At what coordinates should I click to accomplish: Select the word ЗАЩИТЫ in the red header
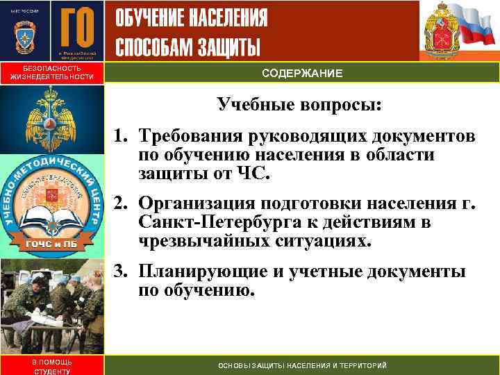click(x=226, y=47)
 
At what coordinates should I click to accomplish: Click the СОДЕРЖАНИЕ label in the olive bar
click(x=301, y=73)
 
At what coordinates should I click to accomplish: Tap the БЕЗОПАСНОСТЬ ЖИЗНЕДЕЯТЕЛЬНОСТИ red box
click(x=51, y=73)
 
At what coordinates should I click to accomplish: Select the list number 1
click(x=119, y=136)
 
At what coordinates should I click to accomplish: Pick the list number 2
click(x=119, y=203)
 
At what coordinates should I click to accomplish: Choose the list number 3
click(x=119, y=272)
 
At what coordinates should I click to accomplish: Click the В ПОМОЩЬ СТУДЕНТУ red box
click(x=51, y=366)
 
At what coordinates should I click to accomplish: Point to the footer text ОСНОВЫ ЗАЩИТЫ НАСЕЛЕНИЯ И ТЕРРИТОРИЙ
click(x=302, y=366)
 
